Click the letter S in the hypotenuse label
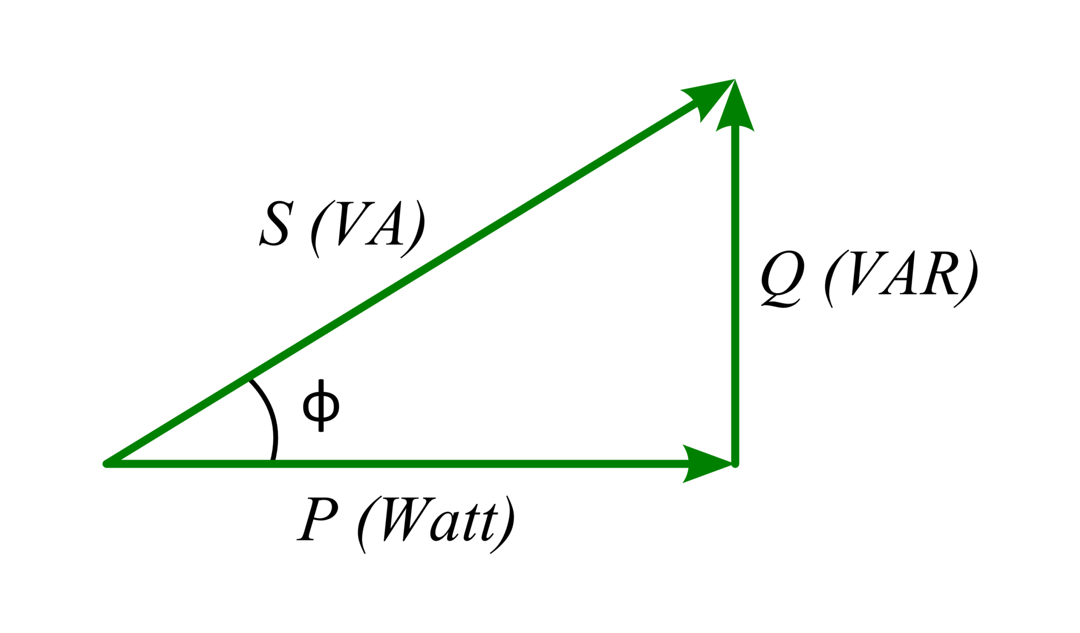(275, 223)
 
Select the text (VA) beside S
(368, 229)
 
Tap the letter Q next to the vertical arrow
(782, 279)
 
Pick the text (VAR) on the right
(901, 278)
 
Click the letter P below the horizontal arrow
(317, 519)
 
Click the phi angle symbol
(321, 405)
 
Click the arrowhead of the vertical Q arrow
(735, 105)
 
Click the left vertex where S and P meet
(107, 464)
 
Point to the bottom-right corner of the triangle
(736, 464)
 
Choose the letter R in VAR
(938, 274)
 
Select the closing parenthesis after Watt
(503, 525)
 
